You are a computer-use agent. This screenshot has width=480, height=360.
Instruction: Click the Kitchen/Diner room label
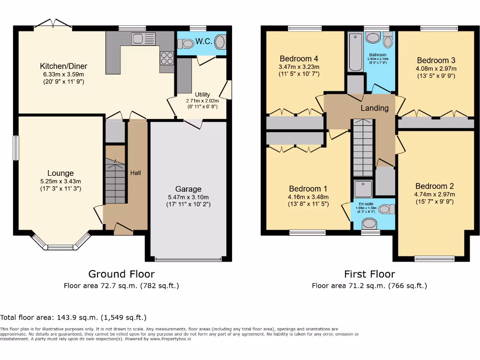click(63, 66)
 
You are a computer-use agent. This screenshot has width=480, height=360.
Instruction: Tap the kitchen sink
click(143, 39)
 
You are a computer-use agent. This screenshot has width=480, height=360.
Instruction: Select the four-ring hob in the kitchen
click(167, 58)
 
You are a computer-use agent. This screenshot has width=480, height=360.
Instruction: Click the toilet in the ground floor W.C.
click(186, 44)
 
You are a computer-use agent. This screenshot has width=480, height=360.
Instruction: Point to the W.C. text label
click(203, 41)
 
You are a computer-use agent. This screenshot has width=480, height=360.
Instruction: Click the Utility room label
click(202, 95)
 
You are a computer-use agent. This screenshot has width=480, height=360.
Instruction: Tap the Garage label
click(188, 189)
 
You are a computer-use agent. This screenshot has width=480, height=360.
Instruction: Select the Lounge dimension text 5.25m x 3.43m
click(60, 181)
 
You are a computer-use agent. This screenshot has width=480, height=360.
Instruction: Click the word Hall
click(135, 173)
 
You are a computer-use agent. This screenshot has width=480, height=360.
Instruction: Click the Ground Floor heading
click(121, 274)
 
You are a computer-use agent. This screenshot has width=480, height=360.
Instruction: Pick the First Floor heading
click(369, 274)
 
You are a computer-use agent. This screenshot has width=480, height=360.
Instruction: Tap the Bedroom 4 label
click(299, 59)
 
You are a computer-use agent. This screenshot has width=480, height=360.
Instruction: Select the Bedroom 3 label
click(436, 60)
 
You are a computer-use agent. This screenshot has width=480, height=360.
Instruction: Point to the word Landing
click(375, 108)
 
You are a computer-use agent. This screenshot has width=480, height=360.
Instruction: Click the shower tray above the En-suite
click(363, 188)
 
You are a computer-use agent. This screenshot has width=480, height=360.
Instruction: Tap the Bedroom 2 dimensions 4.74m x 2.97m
click(435, 195)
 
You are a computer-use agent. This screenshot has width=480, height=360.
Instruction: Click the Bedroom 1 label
click(308, 188)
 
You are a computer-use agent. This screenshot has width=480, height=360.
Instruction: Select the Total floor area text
click(73, 317)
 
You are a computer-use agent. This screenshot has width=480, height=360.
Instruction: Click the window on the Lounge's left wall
click(16, 148)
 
